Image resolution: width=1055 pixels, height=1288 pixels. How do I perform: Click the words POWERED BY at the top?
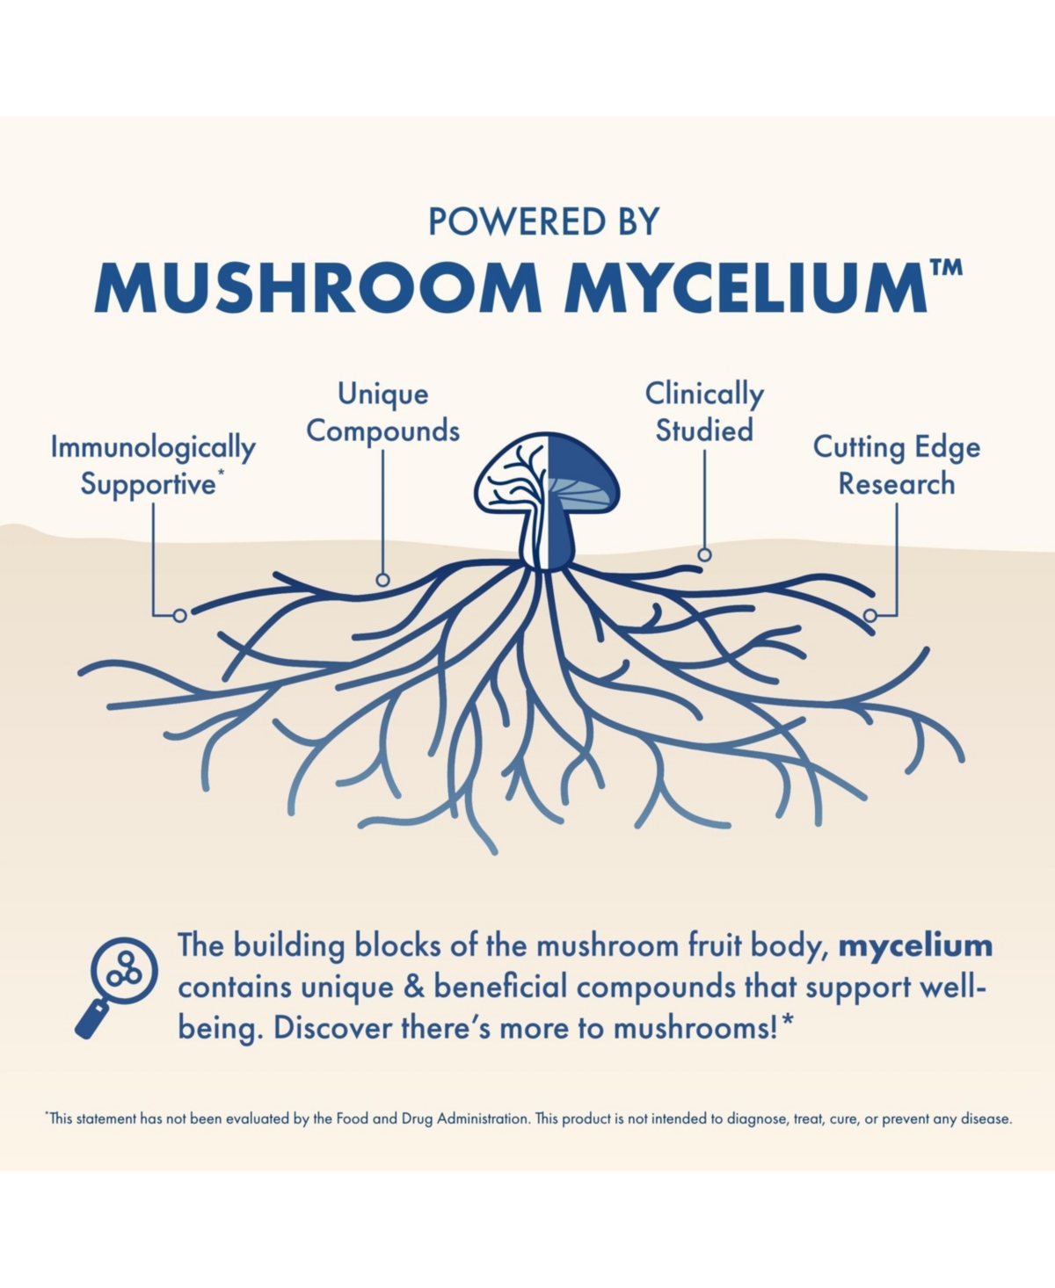pyautogui.click(x=543, y=221)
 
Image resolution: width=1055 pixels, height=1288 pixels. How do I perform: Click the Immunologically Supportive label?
pyautogui.click(x=153, y=466)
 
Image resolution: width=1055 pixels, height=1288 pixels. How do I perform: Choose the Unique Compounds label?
pyautogui.click(x=382, y=413)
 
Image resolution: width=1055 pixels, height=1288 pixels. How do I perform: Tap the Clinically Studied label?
pyautogui.click(x=704, y=413)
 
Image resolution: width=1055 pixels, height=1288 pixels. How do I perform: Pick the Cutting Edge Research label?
pyautogui.click(x=896, y=466)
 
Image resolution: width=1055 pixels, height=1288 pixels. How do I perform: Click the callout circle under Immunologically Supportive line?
pyautogui.click(x=179, y=615)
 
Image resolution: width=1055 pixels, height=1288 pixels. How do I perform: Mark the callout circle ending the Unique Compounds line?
pyautogui.click(x=382, y=580)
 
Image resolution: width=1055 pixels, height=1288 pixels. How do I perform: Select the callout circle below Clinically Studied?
pyautogui.click(x=704, y=554)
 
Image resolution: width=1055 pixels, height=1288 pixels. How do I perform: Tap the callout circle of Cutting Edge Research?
pyautogui.click(x=870, y=615)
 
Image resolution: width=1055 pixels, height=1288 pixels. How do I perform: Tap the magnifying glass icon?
pyautogui.click(x=116, y=988)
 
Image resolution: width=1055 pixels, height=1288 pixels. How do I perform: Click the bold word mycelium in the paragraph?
pyautogui.click(x=915, y=946)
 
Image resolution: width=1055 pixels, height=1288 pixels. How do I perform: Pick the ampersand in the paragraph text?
pyautogui.click(x=414, y=988)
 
